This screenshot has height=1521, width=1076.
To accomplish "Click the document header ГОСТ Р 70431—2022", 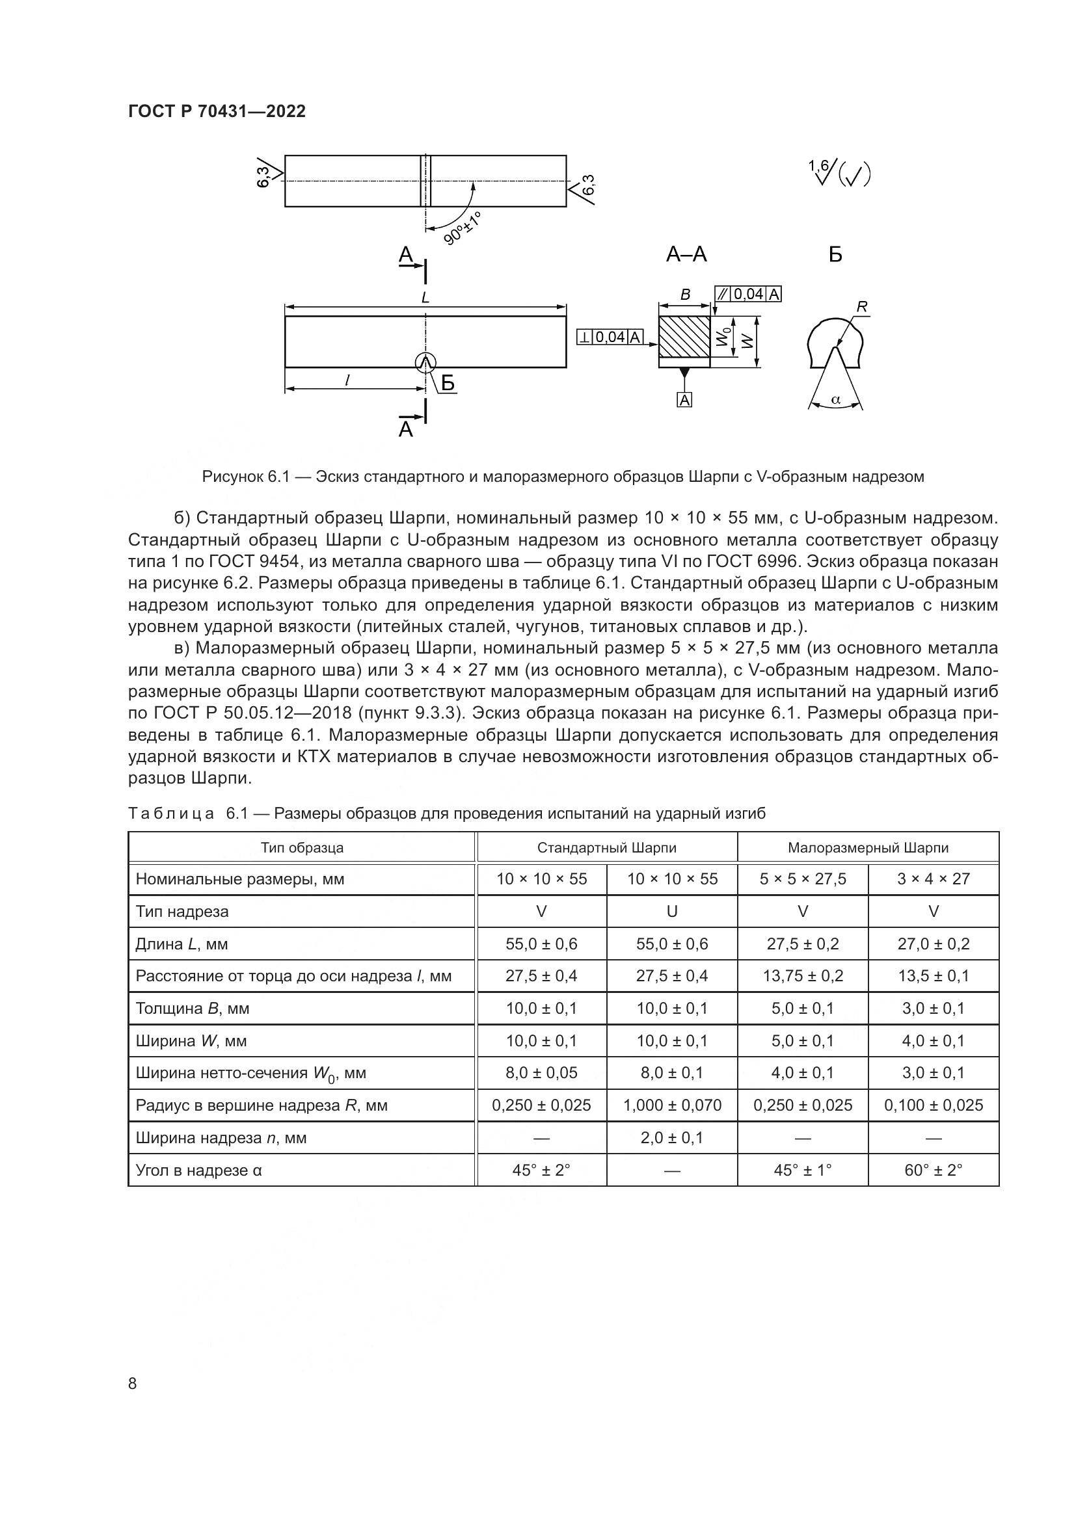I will (x=217, y=111).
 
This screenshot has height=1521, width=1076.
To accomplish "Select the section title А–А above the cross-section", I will (x=686, y=254).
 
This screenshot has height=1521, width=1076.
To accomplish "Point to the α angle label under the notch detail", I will (x=835, y=399).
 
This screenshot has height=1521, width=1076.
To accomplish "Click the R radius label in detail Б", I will (x=861, y=307).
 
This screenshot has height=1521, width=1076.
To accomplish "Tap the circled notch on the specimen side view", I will (x=425, y=362).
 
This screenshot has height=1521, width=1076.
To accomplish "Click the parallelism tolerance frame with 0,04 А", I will (x=748, y=294).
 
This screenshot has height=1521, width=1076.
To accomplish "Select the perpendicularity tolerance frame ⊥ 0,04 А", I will (x=610, y=337).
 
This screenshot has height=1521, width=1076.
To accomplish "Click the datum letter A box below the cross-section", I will (x=684, y=399).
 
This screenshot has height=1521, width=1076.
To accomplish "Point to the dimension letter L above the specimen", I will (x=425, y=298).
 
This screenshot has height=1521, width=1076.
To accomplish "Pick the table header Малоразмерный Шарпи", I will (x=868, y=848).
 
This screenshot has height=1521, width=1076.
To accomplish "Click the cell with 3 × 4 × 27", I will (x=933, y=879).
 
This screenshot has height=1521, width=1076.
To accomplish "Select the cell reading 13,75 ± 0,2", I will (x=802, y=976).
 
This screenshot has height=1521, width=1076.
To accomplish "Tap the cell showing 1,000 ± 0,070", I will (x=672, y=1105).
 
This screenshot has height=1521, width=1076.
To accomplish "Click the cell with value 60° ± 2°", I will (x=933, y=1170).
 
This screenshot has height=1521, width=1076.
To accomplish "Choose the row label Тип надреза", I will (x=182, y=912).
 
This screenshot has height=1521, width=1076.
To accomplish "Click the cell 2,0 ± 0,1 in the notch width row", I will (x=672, y=1137).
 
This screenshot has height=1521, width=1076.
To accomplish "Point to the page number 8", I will (x=133, y=1383).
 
